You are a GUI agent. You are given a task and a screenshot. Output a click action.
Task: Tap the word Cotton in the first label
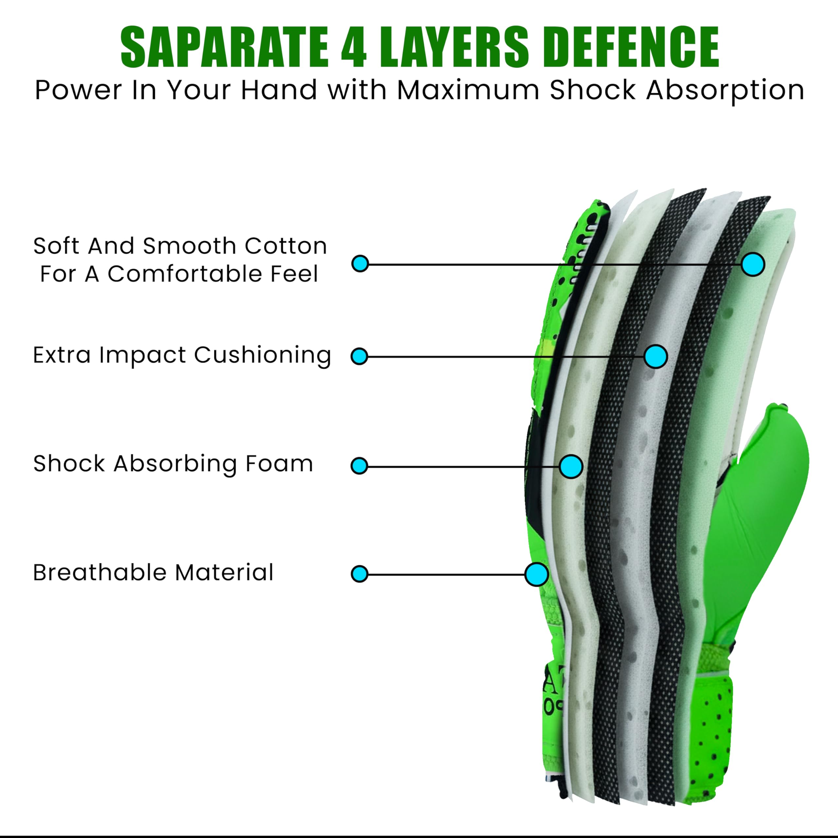286,246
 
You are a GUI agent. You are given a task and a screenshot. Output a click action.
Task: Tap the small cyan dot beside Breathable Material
359,574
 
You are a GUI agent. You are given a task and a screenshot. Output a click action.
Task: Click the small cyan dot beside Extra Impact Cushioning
359,356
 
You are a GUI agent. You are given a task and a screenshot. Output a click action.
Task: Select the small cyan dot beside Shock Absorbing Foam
359,466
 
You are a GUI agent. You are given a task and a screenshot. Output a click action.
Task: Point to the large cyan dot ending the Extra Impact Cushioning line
656,356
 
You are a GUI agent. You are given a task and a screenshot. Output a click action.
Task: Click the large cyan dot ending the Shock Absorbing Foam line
571,467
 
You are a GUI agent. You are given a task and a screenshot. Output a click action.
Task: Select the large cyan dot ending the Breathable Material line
537,574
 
